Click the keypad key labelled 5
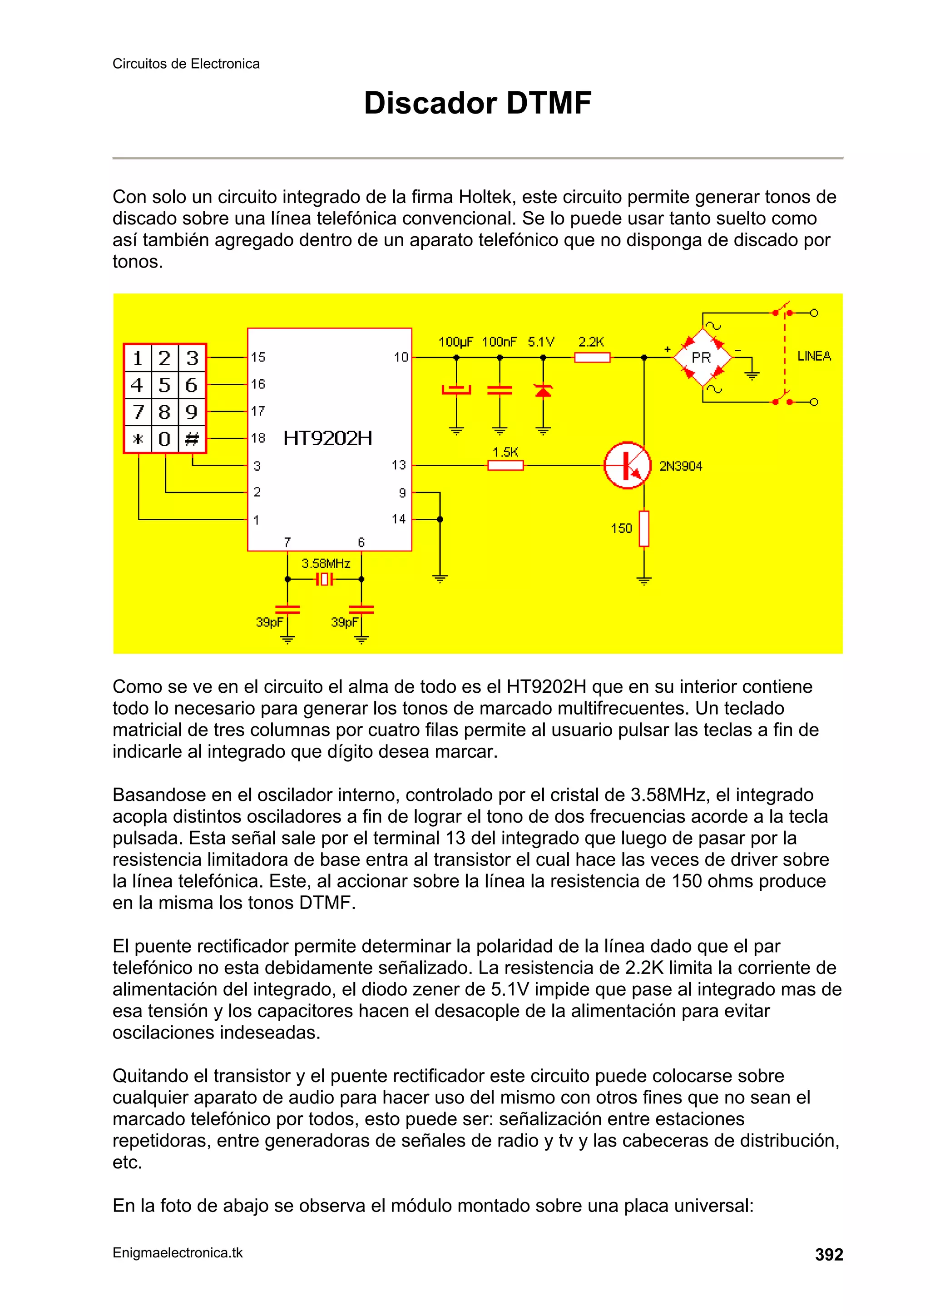point(164,385)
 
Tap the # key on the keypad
point(192,439)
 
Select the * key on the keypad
point(138,439)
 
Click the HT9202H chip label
point(328,438)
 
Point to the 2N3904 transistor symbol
point(628,466)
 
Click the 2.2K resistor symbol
point(593,358)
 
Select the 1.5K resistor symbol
point(505,466)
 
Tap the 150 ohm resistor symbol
point(644,528)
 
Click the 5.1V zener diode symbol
point(543,391)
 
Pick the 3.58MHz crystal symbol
point(324,580)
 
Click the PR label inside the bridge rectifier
point(702,358)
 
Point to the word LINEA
point(814,356)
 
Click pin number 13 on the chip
point(399,465)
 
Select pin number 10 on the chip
point(401,357)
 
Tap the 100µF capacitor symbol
point(456,390)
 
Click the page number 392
point(829,1255)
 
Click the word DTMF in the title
point(549,103)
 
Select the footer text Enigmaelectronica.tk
point(178,1253)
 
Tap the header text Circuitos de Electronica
point(186,64)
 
